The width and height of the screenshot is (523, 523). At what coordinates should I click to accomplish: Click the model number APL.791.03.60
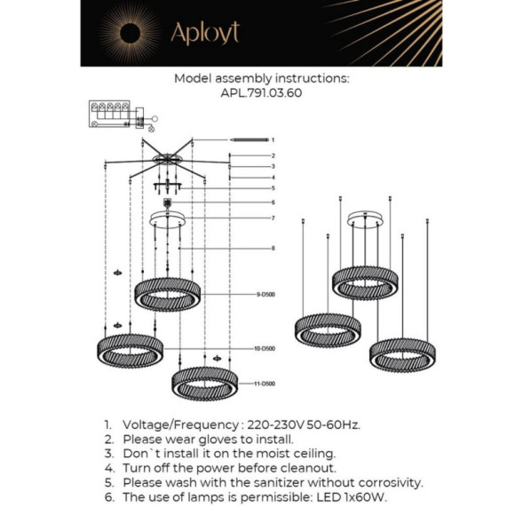tap(261, 91)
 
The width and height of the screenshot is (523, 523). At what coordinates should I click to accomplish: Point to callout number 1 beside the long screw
tap(273, 140)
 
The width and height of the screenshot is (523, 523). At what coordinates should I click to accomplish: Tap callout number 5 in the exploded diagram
tap(273, 188)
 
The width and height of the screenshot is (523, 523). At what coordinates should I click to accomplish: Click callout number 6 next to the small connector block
tap(273, 202)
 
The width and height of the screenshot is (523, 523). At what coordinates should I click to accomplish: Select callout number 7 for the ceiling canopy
tap(273, 218)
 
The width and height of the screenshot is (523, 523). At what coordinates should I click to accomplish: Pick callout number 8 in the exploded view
tap(273, 248)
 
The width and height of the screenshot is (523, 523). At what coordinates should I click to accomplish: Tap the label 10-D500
tap(263, 349)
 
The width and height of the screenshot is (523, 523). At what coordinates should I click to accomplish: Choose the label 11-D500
tap(263, 384)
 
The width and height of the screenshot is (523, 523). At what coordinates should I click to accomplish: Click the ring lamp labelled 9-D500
tap(168, 294)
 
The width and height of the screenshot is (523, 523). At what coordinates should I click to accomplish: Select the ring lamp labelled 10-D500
tap(130, 349)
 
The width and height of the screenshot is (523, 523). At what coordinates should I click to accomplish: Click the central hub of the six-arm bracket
tap(167, 161)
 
